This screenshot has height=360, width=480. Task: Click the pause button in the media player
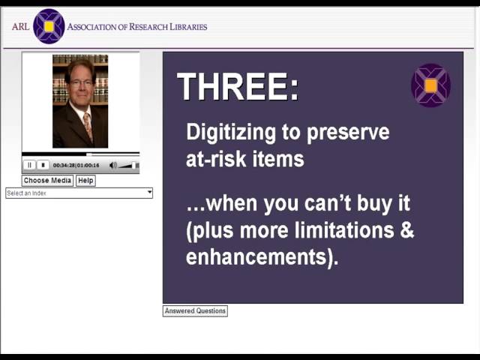click(30, 165)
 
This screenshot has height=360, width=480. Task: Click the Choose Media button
click(47, 181)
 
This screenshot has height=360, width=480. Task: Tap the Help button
click(85, 181)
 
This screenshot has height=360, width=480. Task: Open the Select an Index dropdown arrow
click(149, 193)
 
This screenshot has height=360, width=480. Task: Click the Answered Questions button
click(195, 310)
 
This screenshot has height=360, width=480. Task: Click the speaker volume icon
click(113, 165)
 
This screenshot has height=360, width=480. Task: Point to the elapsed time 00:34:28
click(64, 165)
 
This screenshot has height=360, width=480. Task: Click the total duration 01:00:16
click(88, 165)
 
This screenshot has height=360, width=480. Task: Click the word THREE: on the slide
click(238, 88)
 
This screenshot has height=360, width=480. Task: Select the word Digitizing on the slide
click(232, 133)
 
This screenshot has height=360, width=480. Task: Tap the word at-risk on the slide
click(212, 159)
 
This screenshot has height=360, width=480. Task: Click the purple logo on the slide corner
click(430, 85)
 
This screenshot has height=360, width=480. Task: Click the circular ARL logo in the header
click(49, 26)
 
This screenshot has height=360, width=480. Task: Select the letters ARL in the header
click(20, 27)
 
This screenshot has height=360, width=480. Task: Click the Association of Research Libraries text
click(137, 27)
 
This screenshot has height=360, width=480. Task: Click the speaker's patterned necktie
click(87, 125)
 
